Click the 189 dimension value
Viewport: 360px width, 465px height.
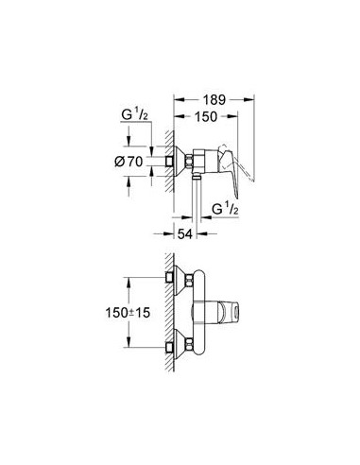pos(214,100)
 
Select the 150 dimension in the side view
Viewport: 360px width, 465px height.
pos(206,117)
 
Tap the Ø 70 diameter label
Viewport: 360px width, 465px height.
pos(129,162)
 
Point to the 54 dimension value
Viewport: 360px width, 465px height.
pos(185,234)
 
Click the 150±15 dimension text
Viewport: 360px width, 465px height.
pos(128,313)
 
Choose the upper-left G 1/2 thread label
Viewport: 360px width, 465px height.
pos(134,114)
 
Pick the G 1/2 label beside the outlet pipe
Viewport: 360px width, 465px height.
pos(225,209)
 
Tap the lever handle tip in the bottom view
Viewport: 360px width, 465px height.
pos(232,313)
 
